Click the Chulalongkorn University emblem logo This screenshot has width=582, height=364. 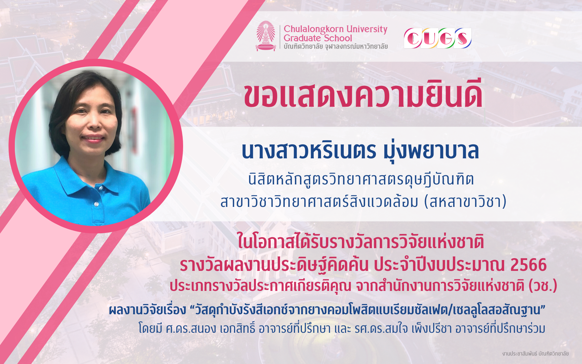click(266, 36)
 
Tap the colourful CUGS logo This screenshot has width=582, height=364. click(437, 38)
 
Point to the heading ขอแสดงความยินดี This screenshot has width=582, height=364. click(363, 94)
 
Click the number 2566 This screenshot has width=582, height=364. click(528, 265)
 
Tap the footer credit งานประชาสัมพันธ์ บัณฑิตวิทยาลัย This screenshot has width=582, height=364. click(535, 354)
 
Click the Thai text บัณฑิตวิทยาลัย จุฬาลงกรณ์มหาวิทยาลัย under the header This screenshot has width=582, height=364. click(336, 46)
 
